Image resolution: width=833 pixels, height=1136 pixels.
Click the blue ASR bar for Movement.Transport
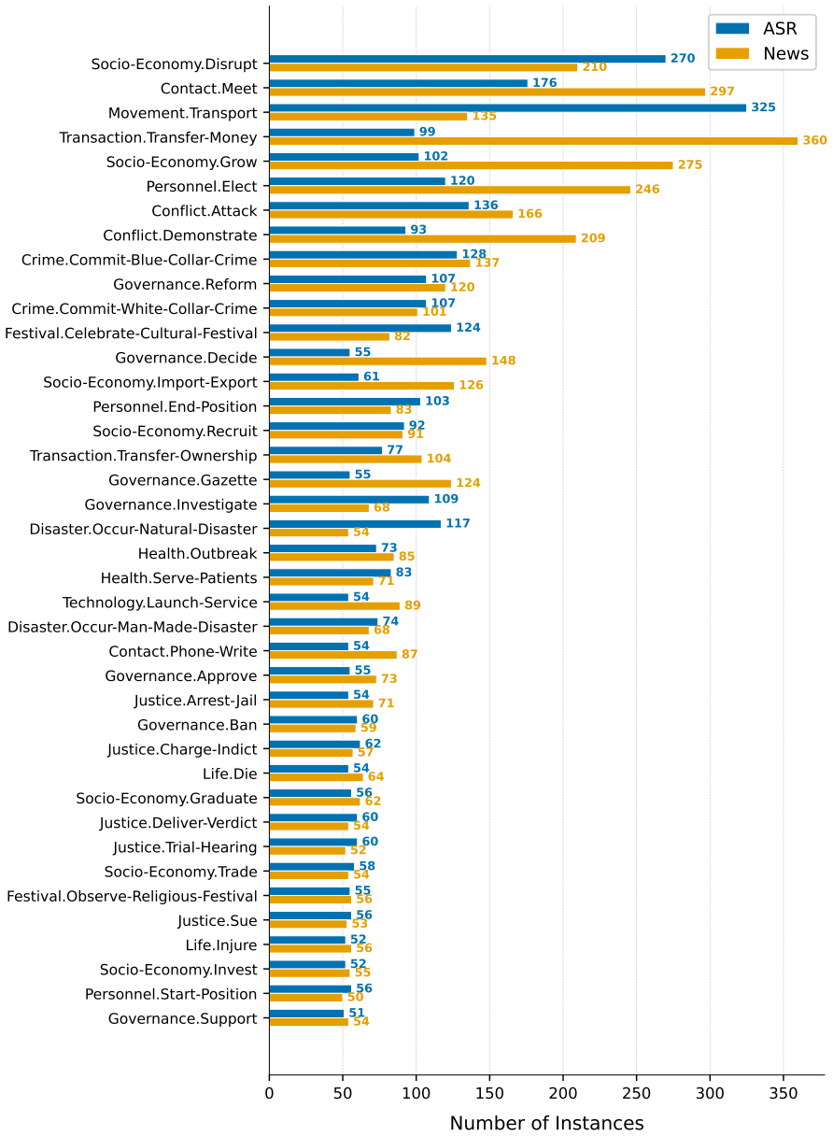[x=507, y=108]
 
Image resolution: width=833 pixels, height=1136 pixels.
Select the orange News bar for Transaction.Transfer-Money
[x=533, y=141]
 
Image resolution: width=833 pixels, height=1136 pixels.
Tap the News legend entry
[x=762, y=53]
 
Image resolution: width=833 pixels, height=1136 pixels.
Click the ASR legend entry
[x=756, y=28]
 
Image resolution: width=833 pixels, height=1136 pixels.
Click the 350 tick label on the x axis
[x=784, y=1093]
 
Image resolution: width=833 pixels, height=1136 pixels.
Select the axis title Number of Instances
[x=546, y=1123]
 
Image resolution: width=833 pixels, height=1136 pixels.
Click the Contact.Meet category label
[x=209, y=89]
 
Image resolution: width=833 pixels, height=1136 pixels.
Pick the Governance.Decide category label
[x=186, y=358]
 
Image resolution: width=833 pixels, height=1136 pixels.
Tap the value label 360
[x=814, y=140]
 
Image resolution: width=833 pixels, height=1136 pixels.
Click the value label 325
[x=763, y=107]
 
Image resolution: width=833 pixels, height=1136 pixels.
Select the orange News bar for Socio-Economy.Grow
[x=471, y=165]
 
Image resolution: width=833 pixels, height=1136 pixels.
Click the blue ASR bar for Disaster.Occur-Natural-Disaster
[x=355, y=524]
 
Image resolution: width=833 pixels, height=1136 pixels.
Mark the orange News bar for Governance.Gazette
[x=360, y=483]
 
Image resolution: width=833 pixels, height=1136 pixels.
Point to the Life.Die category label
[x=230, y=774]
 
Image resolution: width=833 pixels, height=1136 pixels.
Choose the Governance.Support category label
[x=182, y=1019]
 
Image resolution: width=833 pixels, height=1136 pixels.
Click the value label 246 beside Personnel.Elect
[x=647, y=189]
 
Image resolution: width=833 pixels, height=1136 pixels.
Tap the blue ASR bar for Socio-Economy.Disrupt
[x=467, y=59]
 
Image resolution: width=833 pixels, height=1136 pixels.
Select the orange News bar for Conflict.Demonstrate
[x=422, y=239]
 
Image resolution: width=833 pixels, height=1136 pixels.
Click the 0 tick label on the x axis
[x=269, y=1093]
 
